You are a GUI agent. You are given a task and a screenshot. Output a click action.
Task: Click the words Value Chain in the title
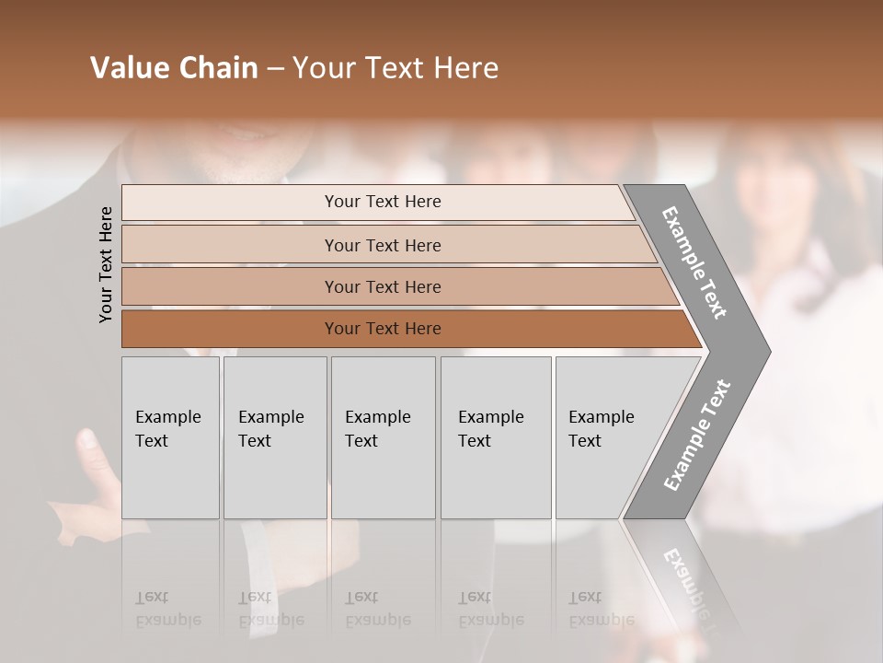pos(174,68)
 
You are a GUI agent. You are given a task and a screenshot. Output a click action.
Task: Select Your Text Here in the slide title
pos(396,68)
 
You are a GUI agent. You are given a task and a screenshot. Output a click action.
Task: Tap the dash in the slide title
pos(275,69)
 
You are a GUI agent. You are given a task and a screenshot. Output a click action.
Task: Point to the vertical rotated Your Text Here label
pos(106,264)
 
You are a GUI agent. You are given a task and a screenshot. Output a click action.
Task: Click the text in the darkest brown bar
pos(383,329)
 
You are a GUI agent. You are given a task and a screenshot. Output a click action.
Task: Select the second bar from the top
pos(383,245)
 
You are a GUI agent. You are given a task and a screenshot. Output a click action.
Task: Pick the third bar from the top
pos(383,286)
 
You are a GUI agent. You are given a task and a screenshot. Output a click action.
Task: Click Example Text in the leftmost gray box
pos(167,428)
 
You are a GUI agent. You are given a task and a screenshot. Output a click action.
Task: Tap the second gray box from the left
pos(274,437)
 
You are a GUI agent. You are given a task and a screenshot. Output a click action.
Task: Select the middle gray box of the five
pos(383,437)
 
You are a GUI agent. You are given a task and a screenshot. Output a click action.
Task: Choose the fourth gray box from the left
pos(495,437)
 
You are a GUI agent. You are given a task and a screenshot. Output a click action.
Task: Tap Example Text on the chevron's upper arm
pos(695,262)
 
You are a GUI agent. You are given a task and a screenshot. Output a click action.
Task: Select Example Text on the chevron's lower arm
pos(697,436)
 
